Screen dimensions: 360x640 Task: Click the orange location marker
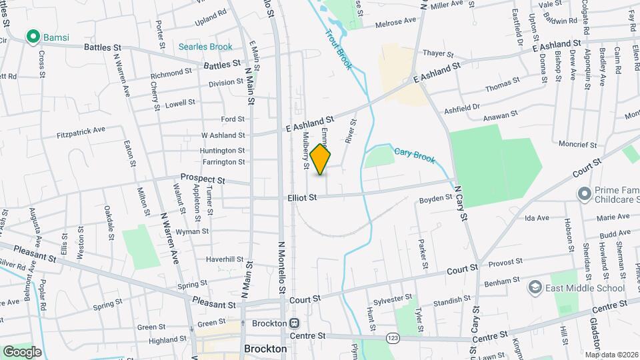click(x=321, y=160)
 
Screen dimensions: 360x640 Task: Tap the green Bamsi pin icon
click(x=31, y=37)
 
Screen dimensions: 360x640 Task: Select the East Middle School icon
click(x=535, y=287)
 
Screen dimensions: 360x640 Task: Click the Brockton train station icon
click(x=294, y=323)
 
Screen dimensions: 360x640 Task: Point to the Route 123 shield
click(x=392, y=339)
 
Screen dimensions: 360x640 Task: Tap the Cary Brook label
click(x=414, y=155)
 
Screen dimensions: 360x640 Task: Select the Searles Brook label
click(x=205, y=47)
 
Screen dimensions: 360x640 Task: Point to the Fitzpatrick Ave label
click(x=81, y=130)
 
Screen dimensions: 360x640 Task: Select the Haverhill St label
click(x=225, y=259)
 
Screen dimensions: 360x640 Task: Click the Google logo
click(x=22, y=351)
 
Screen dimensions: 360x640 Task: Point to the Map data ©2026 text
click(x=611, y=354)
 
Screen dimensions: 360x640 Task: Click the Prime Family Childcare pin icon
click(x=584, y=193)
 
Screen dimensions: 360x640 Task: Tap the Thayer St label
click(x=438, y=53)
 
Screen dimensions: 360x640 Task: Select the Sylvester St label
click(x=394, y=301)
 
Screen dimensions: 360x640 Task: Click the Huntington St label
click(x=223, y=151)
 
